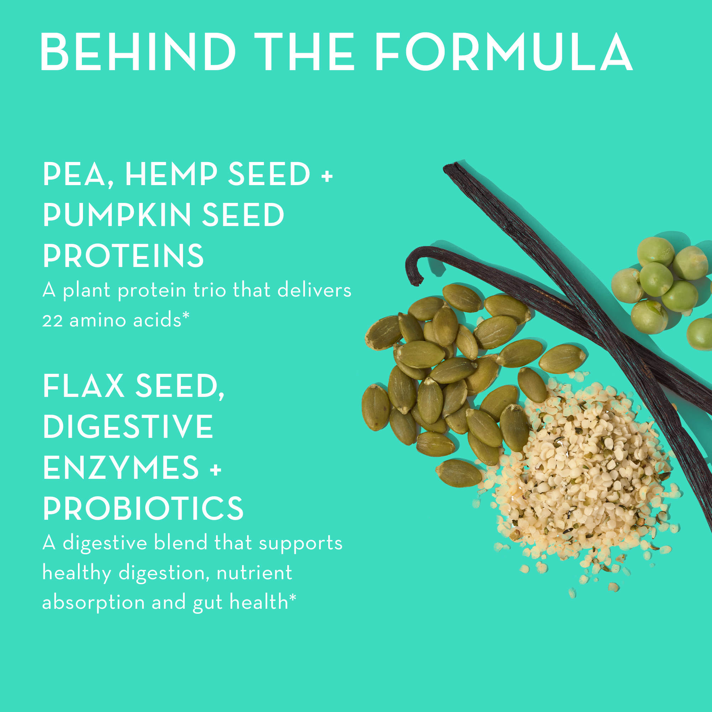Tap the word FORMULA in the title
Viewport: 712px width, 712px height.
[x=503, y=52]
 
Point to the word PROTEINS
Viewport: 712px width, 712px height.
[x=123, y=256]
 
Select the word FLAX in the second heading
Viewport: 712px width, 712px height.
[x=84, y=386]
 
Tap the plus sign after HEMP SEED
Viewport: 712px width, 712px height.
[x=327, y=176]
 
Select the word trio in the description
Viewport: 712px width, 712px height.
[x=209, y=290]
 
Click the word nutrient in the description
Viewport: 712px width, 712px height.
[x=254, y=573]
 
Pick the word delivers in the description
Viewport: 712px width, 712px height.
[x=314, y=290]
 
